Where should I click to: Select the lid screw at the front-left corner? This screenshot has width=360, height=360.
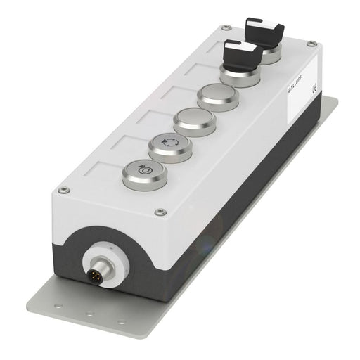[64, 190]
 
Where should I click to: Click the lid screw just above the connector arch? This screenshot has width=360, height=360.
[161, 211]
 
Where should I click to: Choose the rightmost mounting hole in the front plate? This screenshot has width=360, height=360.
[121, 320]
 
